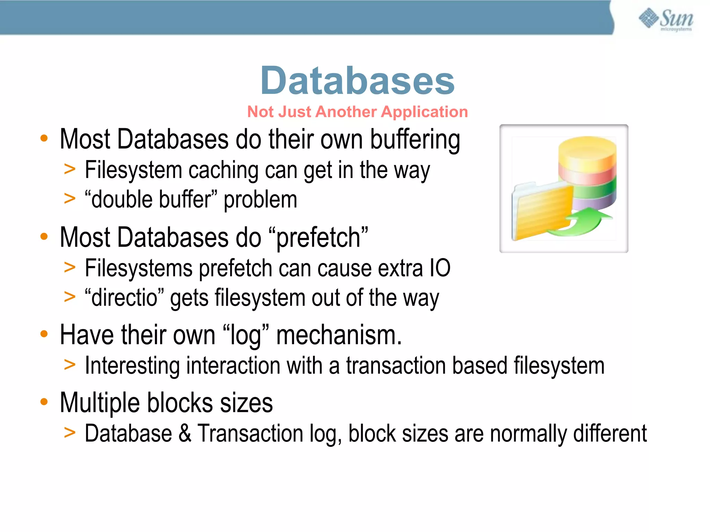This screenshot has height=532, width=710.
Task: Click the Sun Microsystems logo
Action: click(x=666, y=19)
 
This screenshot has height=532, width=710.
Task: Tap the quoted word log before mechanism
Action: click(x=246, y=335)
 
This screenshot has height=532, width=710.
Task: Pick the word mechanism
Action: click(x=339, y=335)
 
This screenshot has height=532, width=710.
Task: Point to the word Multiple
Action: click(x=100, y=403)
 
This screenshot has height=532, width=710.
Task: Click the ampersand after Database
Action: click(x=185, y=433)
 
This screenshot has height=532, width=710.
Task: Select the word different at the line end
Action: click(x=610, y=433)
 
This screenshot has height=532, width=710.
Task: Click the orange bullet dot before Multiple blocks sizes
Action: click(x=44, y=402)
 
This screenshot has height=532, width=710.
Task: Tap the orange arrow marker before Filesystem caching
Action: click(x=70, y=169)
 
